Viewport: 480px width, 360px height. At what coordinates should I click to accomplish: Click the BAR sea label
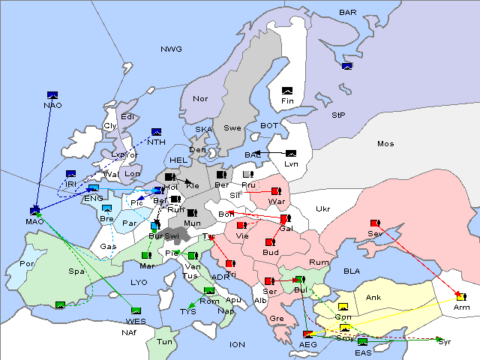pos(348,13)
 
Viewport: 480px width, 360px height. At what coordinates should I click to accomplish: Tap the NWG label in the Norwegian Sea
pos(171,49)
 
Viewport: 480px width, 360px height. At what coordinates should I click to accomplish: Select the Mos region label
pos(385,143)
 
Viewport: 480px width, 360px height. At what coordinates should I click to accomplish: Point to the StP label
pos(338,115)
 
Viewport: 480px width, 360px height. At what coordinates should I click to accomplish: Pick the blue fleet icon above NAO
pos(52,95)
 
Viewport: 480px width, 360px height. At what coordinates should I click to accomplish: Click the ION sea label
pos(237,345)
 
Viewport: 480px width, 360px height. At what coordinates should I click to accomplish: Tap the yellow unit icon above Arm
pos(460,298)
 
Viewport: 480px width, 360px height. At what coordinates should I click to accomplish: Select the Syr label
pos(445,342)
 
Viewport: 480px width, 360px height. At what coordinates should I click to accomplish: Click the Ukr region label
pos(323,208)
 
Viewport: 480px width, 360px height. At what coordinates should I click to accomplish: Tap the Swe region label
pos(232,128)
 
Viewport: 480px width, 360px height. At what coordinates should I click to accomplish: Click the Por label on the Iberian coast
pos(28,264)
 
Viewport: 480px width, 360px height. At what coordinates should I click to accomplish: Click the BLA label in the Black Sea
pos(352,271)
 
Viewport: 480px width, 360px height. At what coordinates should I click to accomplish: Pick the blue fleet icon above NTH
pos(157,132)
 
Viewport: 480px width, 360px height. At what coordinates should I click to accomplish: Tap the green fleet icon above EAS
pos(363,343)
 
